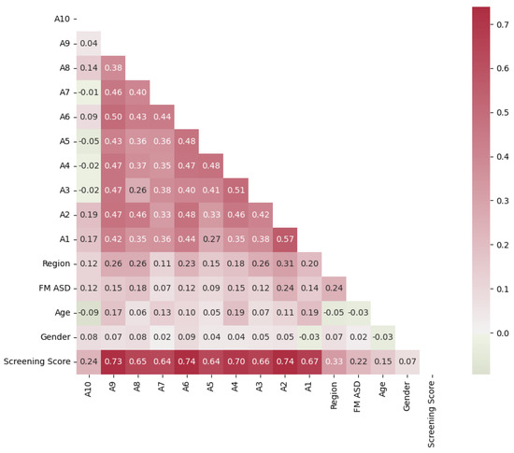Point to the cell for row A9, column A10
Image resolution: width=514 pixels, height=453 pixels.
coord(89,43)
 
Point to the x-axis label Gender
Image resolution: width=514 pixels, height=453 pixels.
coord(407,398)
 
